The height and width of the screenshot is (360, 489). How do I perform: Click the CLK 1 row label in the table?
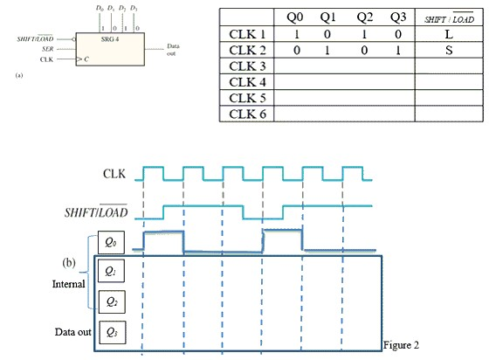pos(249,32)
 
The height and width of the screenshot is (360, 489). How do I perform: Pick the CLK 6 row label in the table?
pos(249,114)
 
